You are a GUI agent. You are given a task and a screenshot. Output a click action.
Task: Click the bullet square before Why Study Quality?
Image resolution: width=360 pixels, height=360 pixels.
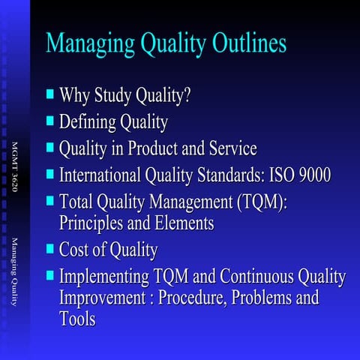pyautogui.click(x=50, y=94)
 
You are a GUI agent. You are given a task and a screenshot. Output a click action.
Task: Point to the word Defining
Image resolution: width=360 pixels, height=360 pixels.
pyautogui.click(x=85, y=122)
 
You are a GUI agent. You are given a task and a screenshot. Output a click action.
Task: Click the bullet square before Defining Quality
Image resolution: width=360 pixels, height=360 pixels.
pyautogui.click(x=50, y=120)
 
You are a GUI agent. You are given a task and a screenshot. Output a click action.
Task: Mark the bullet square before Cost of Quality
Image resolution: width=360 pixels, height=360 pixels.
pyautogui.click(x=50, y=248)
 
